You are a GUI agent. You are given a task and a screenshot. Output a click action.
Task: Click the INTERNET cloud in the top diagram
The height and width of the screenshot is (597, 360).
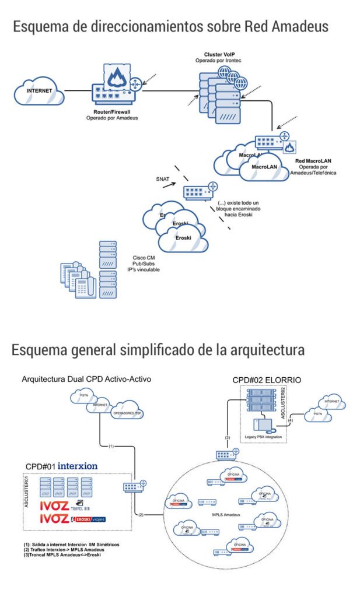click(x=40, y=92)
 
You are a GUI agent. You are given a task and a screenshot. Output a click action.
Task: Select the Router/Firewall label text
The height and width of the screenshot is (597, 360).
click(x=115, y=111)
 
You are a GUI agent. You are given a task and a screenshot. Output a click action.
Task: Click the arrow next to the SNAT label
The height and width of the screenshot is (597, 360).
click(x=169, y=187)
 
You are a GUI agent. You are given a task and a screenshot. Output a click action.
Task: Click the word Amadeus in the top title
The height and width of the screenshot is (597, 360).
click(x=300, y=27)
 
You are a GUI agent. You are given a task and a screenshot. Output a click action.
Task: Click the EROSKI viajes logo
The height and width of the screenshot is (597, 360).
click(x=88, y=519)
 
